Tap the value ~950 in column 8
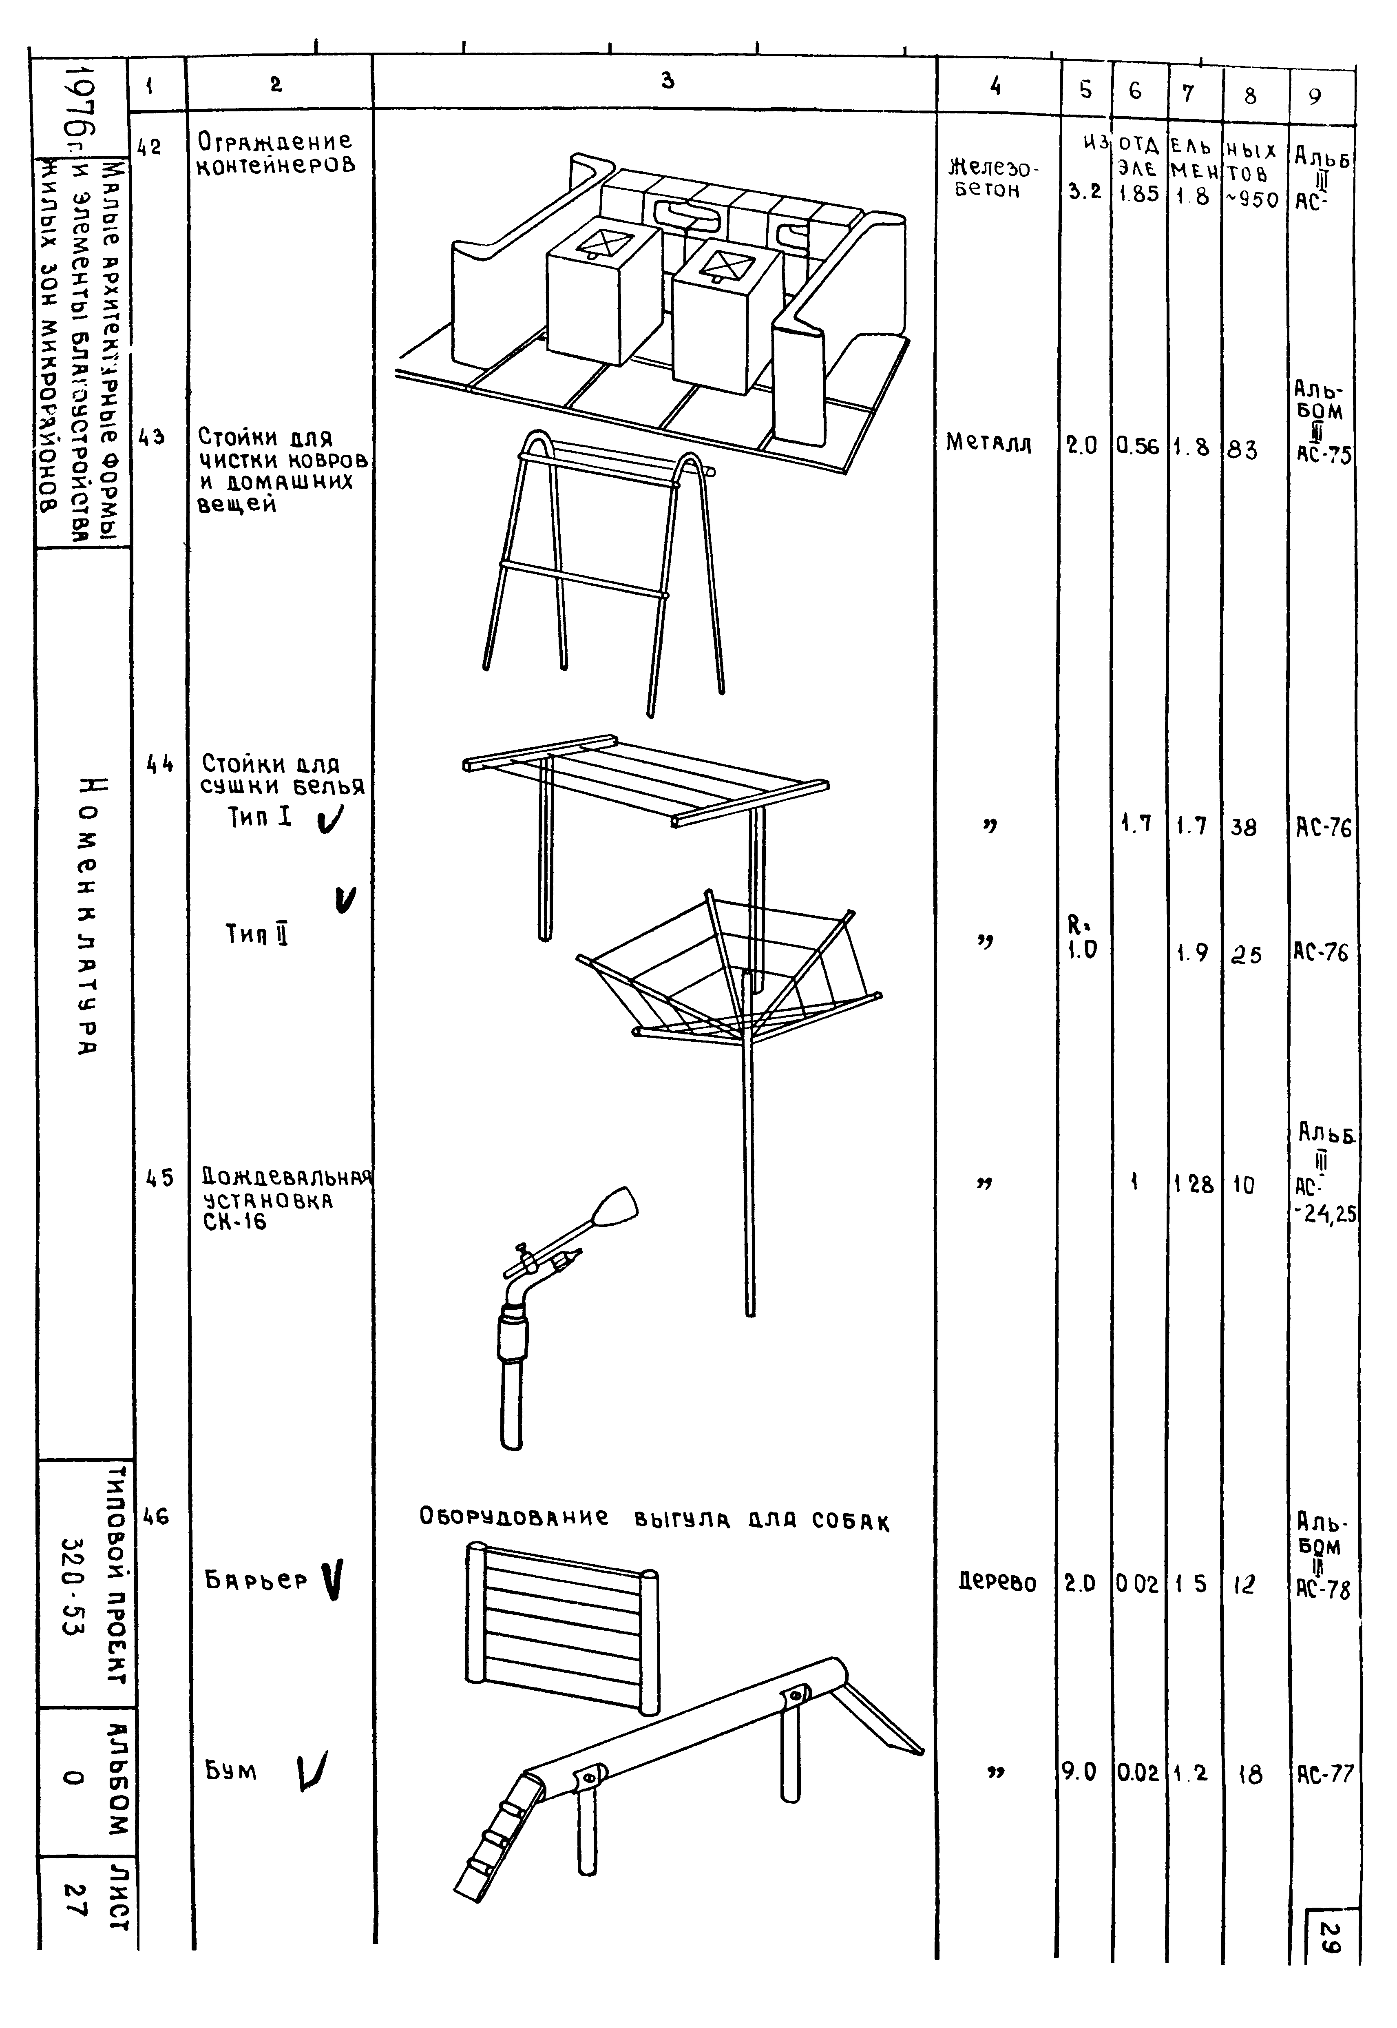pos(1252,199)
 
